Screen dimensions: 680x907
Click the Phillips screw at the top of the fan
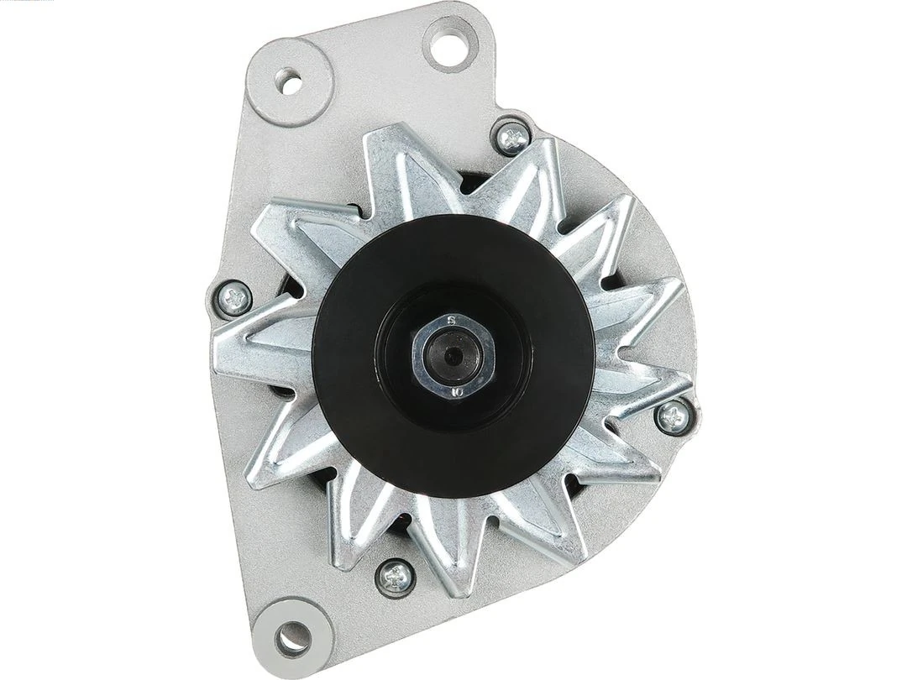[512, 137]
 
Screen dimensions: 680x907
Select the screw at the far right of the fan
[673, 416]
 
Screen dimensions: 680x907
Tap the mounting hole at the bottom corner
[291, 640]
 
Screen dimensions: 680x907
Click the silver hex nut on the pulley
[452, 356]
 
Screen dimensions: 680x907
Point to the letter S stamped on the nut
[451, 321]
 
